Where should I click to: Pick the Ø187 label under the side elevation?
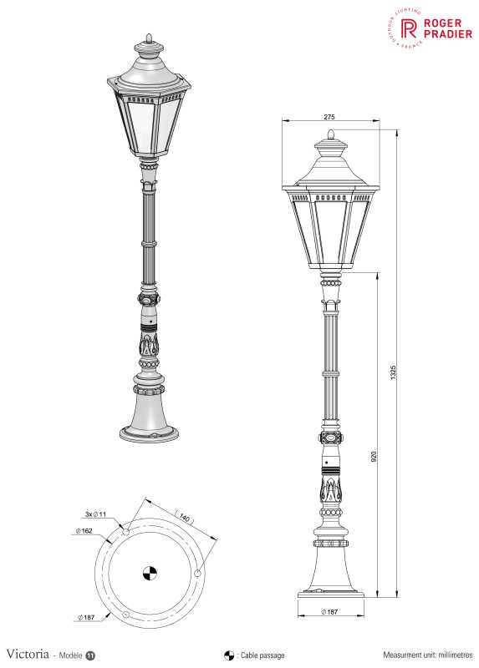coord(329,613)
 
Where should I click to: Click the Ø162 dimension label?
coord(83,532)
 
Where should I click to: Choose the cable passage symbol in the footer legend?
coord(228,655)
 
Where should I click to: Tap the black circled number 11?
coord(89,655)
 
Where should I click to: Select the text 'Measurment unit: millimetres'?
coord(427,655)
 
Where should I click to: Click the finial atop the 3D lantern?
coord(150,38)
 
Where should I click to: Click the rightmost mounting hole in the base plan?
coord(197,573)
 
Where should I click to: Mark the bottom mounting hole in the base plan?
coord(125,615)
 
